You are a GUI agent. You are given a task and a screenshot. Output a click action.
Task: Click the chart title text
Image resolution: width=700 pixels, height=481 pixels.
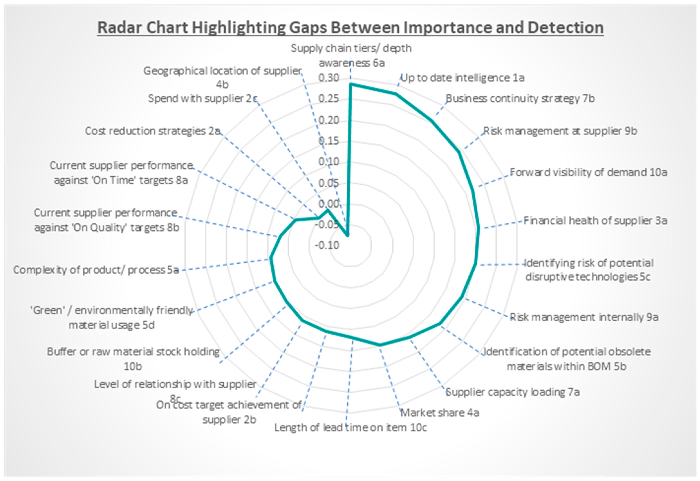pos(350,28)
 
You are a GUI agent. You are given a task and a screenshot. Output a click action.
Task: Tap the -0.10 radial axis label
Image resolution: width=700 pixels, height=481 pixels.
pos(327,245)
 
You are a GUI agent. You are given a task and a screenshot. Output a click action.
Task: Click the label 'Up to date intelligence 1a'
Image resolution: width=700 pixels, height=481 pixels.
pos(462,78)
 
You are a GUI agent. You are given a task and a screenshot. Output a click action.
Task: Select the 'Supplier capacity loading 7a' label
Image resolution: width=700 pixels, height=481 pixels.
pos(512,392)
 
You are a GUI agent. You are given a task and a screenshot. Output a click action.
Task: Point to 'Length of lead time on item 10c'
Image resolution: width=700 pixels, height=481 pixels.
pos(350,428)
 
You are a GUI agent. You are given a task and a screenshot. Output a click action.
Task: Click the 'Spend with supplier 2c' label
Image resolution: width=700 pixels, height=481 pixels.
pos(203,99)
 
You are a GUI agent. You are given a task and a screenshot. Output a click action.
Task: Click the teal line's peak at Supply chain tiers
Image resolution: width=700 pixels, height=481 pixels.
pos(350,85)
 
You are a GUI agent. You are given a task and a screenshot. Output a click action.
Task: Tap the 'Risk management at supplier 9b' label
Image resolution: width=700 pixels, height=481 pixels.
pos(560,131)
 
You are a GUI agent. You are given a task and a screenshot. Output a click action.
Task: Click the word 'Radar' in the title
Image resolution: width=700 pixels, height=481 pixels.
pos(119,28)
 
